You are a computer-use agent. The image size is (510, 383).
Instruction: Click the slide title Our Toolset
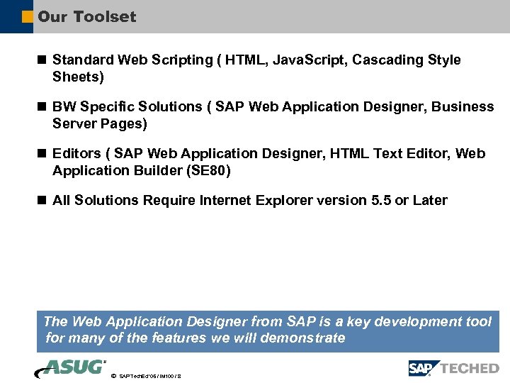86,16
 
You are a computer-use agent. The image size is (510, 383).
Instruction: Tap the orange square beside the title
28,16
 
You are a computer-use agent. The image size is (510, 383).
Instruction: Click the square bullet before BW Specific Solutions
42,106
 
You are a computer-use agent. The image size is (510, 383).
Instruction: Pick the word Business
463,107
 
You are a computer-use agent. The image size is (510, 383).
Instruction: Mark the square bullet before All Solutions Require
42,200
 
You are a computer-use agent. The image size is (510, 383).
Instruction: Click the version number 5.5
380,200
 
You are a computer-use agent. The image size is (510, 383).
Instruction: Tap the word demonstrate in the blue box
302,338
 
